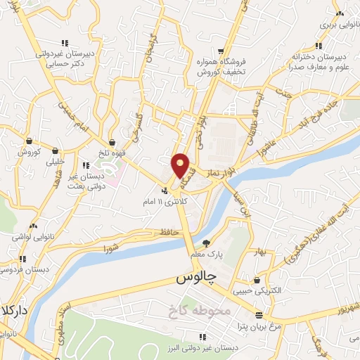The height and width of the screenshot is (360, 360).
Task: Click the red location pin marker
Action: tap(181, 165)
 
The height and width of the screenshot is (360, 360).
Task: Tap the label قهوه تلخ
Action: tap(112, 152)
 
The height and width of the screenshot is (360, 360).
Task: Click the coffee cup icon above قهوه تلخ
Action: tap(112, 141)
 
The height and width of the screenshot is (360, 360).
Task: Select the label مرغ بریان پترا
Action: tap(259, 328)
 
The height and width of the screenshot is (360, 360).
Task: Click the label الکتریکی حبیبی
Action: tap(260, 290)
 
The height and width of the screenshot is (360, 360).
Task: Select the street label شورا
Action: tap(111, 247)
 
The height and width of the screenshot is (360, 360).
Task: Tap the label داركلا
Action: tap(13, 309)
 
